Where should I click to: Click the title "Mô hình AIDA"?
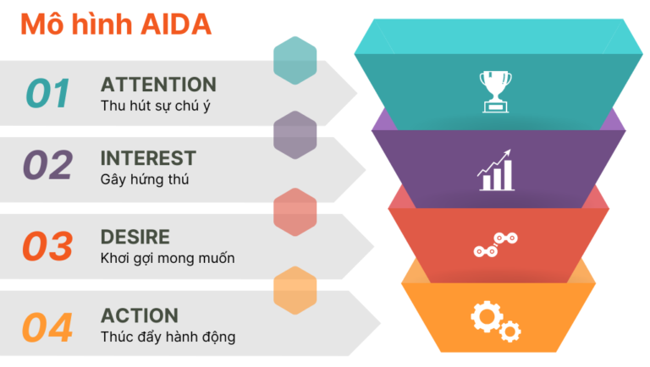point(115,25)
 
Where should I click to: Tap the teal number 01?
point(48,93)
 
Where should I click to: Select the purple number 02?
point(48,166)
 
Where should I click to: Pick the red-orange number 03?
point(48,246)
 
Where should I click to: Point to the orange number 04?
point(48,326)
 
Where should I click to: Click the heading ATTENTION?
point(158,85)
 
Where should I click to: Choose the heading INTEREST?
point(148,158)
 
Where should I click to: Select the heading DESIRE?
point(135,237)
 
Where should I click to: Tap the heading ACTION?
point(140,316)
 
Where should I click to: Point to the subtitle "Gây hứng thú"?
point(145,179)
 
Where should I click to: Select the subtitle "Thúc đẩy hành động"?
point(168,337)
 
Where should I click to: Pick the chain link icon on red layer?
point(496,245)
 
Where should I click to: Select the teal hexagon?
point(295,60)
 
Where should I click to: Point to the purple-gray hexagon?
point(295,135)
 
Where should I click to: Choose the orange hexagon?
point(295,290)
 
